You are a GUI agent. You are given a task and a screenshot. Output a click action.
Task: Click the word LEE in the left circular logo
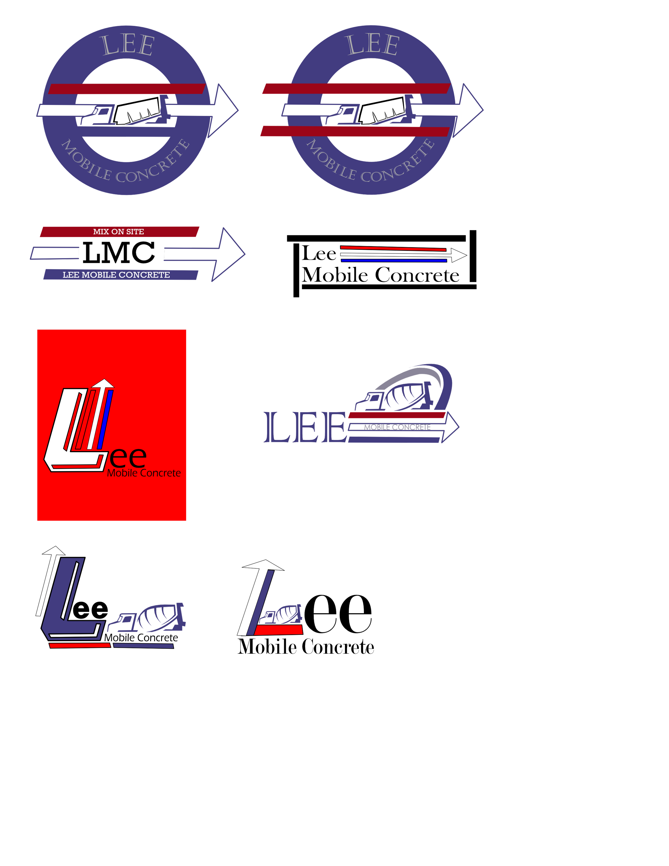tap(128, 45)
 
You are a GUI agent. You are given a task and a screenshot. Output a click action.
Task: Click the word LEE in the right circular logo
tap(372, 45)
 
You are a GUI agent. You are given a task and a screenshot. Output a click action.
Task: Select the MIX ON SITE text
tap(119, 232)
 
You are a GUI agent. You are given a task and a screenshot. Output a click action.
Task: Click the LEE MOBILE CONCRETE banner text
tap(116, 275)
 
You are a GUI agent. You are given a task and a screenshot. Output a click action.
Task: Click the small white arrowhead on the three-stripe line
tap(459, 255)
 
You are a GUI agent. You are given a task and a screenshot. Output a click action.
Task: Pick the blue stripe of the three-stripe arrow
tap(394, 260)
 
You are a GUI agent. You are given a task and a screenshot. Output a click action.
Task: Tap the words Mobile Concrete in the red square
tap(144, 473)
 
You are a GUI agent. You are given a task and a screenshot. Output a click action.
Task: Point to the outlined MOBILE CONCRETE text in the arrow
tap(397, 427)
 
